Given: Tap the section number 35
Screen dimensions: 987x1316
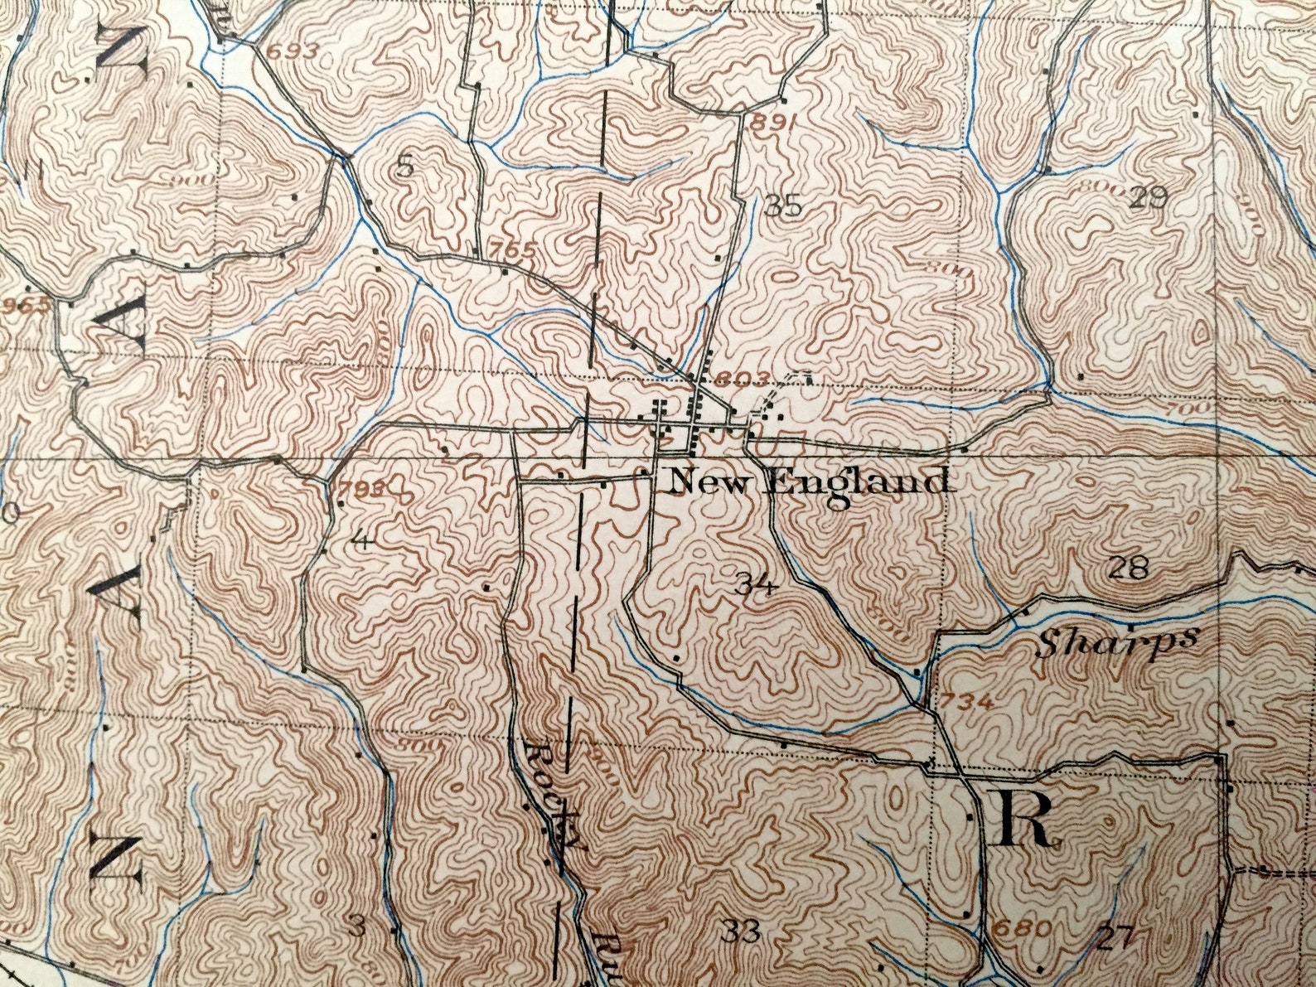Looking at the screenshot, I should pos(783,205).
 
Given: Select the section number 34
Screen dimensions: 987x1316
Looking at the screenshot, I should pos(755,586).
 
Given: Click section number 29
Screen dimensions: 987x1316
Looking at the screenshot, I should pos(1148,196).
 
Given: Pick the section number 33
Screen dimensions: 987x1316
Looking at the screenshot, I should pos(741,932).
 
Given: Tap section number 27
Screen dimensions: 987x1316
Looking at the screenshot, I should pos(1115,938).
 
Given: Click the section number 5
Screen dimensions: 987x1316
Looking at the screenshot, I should pos(404,167).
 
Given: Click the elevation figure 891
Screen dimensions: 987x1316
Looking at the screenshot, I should pos(772,123).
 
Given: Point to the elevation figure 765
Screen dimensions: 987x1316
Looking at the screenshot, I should pos(512,249).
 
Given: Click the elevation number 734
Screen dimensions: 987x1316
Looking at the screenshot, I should pos(967,701).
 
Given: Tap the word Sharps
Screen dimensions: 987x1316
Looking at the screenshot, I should pos(1117,641).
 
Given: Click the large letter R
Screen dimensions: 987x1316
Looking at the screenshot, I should pos(1026,819).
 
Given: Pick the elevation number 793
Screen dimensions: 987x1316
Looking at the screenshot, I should pos(361,489).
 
